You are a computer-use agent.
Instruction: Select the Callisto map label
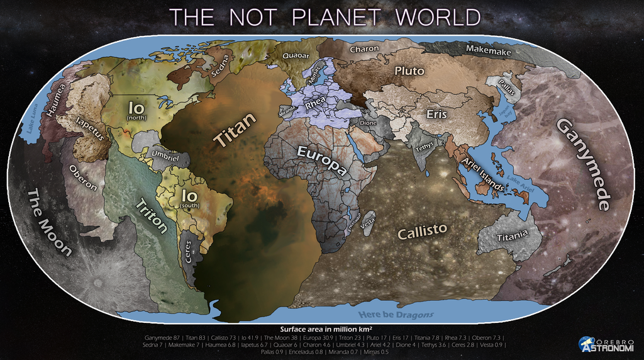tap(422, 231)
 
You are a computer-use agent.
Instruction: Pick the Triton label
tap(152, 215)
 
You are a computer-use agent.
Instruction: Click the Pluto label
tap(409, 70)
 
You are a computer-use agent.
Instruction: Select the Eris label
tap(436, 114)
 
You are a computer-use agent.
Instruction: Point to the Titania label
tap(511, 237)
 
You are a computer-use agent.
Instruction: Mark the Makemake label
tap(488, 51)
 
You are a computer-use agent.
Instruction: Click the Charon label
tap(364, 48)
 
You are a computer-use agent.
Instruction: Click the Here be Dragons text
tap(396, 313)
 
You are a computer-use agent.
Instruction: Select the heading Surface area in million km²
tap(325, 329)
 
